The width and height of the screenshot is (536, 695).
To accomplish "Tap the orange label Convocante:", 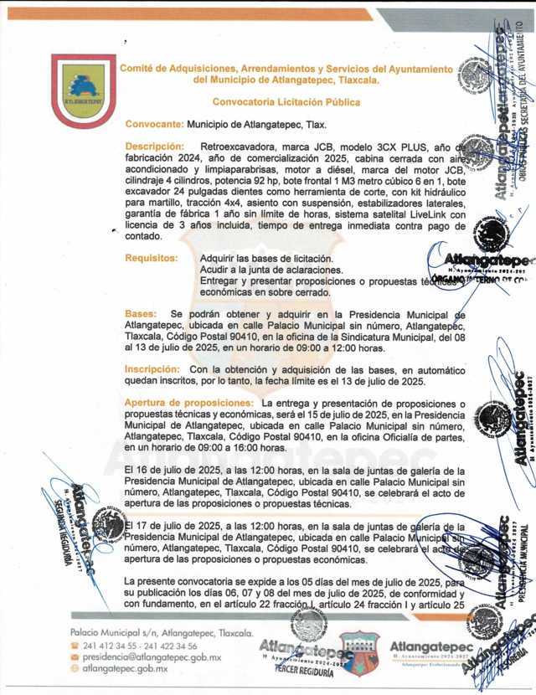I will [153, 124].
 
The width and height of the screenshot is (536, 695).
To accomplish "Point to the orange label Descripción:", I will [154, 146].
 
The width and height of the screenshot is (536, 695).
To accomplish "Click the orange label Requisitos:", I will [152, 258].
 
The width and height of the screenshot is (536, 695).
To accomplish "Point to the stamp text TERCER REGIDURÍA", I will [297, 672].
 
